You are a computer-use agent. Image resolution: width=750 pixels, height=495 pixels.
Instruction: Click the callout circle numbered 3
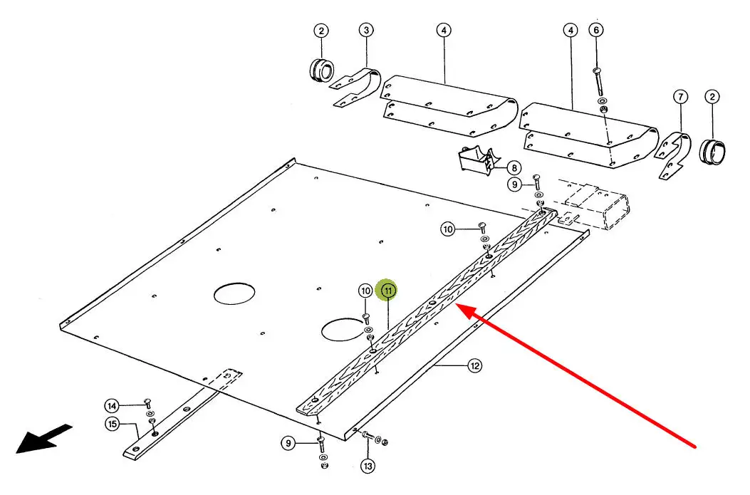click(366, 31)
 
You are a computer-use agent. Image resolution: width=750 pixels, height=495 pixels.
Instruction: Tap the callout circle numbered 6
click(597, 30)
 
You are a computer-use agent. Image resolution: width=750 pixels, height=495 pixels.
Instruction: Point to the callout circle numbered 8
click(514, 168)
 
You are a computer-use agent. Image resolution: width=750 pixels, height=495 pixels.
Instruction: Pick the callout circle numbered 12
click(474, 365)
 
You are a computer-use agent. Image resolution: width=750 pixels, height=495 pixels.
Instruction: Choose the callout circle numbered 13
click(367, 467)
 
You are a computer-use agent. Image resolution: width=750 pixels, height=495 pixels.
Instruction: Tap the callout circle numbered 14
click(112, 406)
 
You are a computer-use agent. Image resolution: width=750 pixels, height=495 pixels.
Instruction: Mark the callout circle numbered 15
click(112, 424)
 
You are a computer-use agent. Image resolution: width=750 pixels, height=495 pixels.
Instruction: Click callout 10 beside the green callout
click(365, 291)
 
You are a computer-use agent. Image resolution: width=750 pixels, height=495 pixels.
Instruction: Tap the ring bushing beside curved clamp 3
click(322, 70)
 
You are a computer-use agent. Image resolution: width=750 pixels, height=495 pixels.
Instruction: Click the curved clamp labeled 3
click(360, 87)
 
